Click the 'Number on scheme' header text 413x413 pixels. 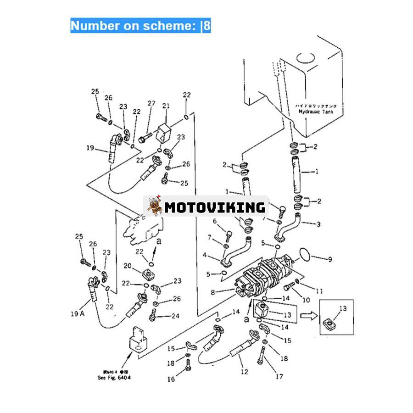point(140,25)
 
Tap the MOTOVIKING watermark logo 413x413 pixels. point(206,207)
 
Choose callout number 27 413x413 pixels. point(151,104)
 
